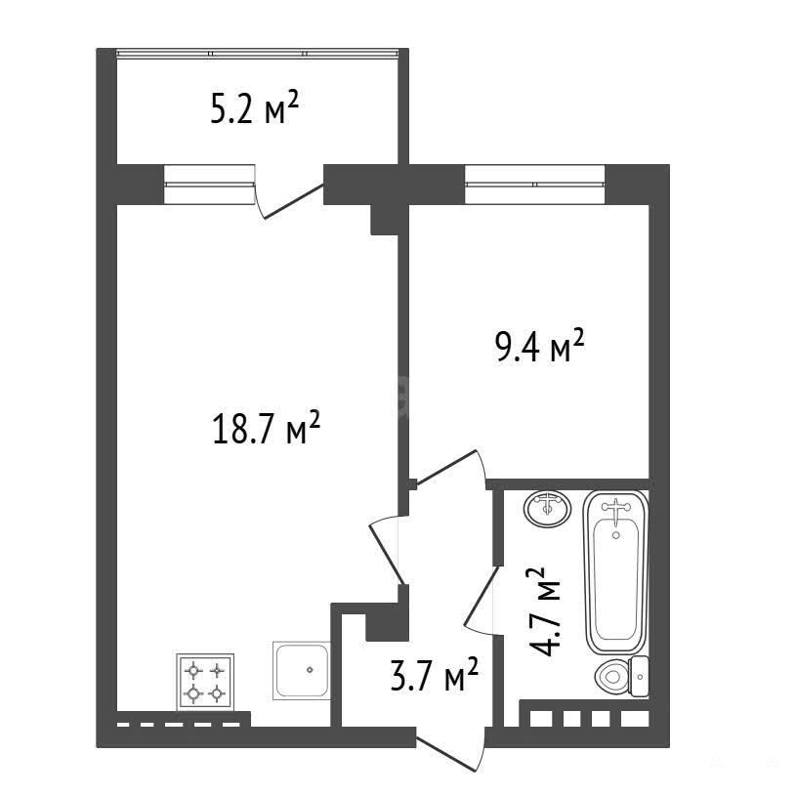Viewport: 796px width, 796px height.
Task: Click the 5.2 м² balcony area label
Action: coord(254,107)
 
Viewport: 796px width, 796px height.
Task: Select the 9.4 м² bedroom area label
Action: coord(540,346)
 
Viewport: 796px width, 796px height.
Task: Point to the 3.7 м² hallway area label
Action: coord(435,675)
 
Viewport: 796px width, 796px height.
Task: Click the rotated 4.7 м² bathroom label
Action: coord(544,611)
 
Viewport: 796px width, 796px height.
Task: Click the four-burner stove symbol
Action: coord(205,682)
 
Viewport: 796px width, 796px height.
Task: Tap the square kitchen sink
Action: coord(301,671)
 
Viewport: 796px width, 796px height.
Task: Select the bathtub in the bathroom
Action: coord(615,572)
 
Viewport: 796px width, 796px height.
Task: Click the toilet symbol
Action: coord(621,676)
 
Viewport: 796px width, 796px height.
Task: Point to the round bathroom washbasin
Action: coord(547,509)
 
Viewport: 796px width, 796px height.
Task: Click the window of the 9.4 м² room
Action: coord(535,185)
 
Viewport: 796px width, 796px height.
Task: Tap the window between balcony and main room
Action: coord(209,185)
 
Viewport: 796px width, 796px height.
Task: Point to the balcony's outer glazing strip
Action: coord(257,53)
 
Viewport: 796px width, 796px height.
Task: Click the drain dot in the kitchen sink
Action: coord(310,670)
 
